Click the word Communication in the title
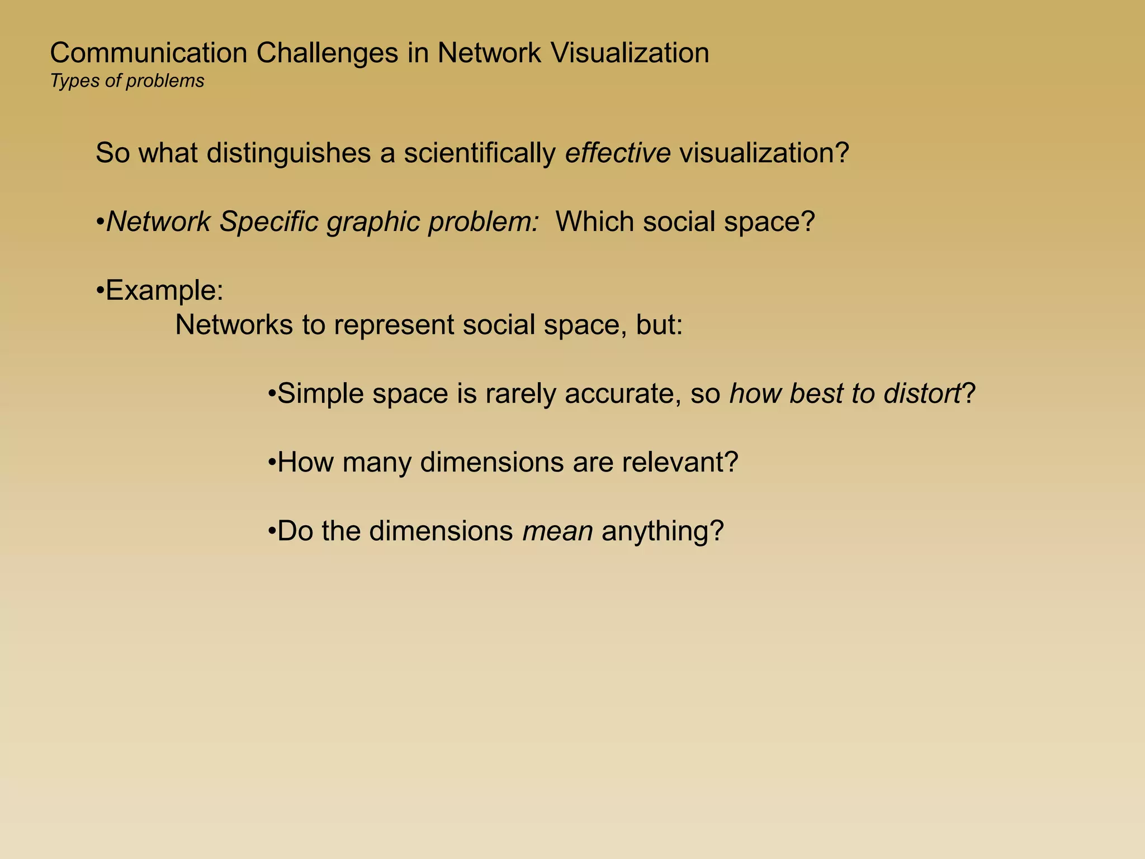(x=149, y=54)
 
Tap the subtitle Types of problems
(x=127, y=81)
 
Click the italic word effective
(x=617, y=153)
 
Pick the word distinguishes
(x=288, y=153)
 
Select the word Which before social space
(x=594, y=222)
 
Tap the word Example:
(x=164, y=291)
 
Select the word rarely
(x=520, y=394)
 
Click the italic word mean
(x=557, y=531)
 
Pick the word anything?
(x=663, y=531)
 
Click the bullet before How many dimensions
(x=272, y=462)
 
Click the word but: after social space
(x=659, y=325)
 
